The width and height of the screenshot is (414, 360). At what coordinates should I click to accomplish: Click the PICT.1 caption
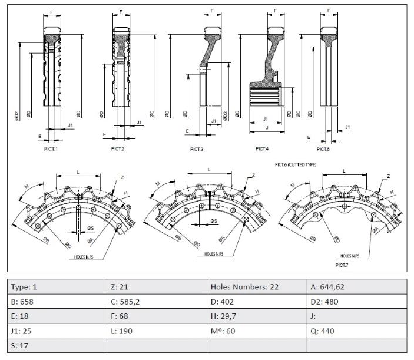click(x=51, y=149)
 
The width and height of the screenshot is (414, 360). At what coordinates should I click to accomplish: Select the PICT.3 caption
click(x=197, y=150)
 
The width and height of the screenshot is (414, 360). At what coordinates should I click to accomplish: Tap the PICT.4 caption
click(x=262, y=149)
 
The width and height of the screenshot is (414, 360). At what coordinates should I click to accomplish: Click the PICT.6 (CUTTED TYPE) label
click(x=296, y=164)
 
